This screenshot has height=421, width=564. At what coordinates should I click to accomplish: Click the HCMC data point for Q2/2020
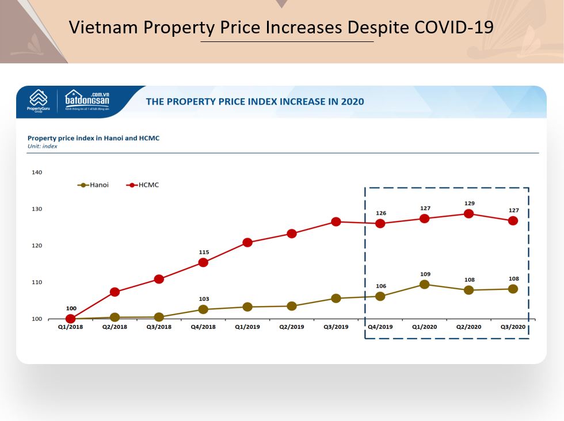coord(468,213)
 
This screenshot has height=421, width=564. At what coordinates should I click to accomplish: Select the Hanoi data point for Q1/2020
coord(424,284)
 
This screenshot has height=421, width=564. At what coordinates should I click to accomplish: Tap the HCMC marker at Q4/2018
coord(203,262)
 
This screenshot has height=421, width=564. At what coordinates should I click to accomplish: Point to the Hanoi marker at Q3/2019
coord(336,298)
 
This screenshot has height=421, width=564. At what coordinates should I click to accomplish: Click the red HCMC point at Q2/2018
coord(115,292)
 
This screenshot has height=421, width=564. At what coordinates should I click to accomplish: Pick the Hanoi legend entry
coord(93,185)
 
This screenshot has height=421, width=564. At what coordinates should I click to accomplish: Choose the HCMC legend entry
coord(142,185)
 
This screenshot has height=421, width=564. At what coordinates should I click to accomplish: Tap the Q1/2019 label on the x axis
coord(247,327)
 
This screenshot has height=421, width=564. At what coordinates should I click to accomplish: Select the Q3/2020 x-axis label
coord(513,327)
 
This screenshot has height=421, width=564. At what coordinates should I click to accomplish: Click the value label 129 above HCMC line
coord(469,204)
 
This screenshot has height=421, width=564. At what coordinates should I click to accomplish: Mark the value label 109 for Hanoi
coord(425,274)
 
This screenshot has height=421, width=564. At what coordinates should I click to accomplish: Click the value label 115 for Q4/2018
coord(204,252)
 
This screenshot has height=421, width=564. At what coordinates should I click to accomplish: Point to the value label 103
coord(204,299)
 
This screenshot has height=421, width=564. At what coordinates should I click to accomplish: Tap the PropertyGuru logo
coord(39,101)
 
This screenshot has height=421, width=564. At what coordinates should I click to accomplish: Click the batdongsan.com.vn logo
coord(87,100)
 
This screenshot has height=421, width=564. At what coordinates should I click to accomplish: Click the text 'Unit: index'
coord(43,146)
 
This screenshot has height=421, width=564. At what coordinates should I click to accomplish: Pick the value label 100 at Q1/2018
coord(71,308)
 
